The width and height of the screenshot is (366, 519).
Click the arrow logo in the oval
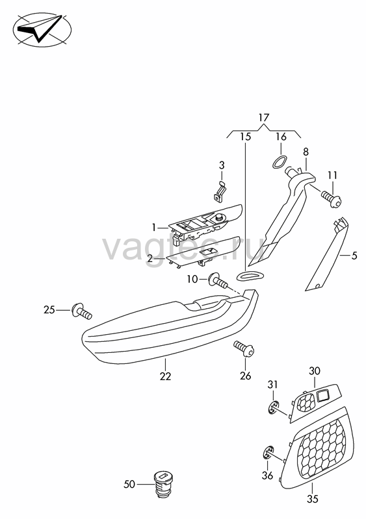tap(42, 29)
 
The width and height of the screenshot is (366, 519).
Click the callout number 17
tap(264, 117)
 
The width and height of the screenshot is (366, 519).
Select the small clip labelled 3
tap(219, 191)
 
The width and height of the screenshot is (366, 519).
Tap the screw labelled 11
tap(330, 199)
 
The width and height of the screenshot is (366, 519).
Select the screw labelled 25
tap(82, 311)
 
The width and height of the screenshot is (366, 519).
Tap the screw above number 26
tap(244, 349)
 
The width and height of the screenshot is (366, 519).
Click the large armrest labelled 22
tap(170, 326)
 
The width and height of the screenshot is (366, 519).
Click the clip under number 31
tap(274, 407)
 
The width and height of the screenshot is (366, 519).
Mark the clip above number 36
tap(268, 452)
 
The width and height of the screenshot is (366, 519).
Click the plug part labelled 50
tap(164, 484)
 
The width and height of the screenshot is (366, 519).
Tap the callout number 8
tap(306, 152)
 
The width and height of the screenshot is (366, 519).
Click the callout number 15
tap(246, 136)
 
